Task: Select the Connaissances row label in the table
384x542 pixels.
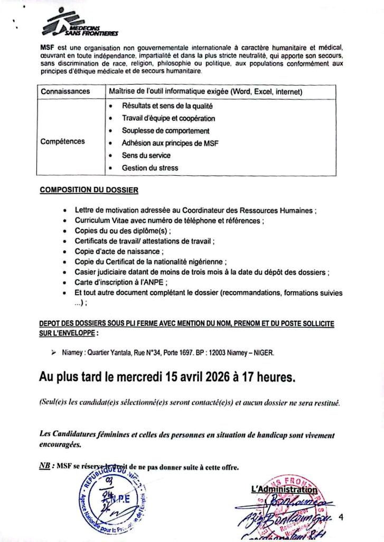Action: point(65,92)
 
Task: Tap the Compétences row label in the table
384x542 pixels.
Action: point(62,142)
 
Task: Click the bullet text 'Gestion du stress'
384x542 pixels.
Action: point(150,168)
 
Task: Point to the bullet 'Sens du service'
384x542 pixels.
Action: point(146,156)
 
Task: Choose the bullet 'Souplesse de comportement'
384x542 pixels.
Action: point(165,131)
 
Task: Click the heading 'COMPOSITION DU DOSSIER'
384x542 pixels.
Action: point(89,189)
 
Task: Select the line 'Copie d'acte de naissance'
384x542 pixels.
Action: point(119,252)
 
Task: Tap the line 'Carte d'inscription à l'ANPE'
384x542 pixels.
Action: point(121,283)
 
